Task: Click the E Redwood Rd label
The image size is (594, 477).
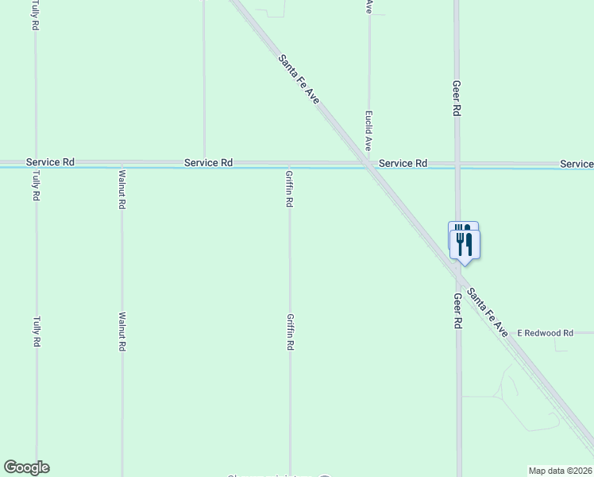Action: coord(545,333)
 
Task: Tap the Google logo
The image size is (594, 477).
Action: coord(26,467)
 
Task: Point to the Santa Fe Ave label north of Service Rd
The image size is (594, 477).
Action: coord(299,78)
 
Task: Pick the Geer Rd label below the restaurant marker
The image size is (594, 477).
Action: coord(457,311)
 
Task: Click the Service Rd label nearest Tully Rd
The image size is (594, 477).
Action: coord(50,162)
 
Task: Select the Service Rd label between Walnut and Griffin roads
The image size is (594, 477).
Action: coord(208,162)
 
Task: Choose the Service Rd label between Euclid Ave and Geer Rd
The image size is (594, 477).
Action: coord(403,163)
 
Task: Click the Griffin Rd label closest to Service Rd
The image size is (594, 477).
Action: coord(290,189)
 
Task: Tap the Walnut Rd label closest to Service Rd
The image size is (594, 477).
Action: coord(121,189)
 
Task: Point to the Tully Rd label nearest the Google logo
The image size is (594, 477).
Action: coord(37,332)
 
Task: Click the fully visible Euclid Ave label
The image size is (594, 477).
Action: coord(368,131)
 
